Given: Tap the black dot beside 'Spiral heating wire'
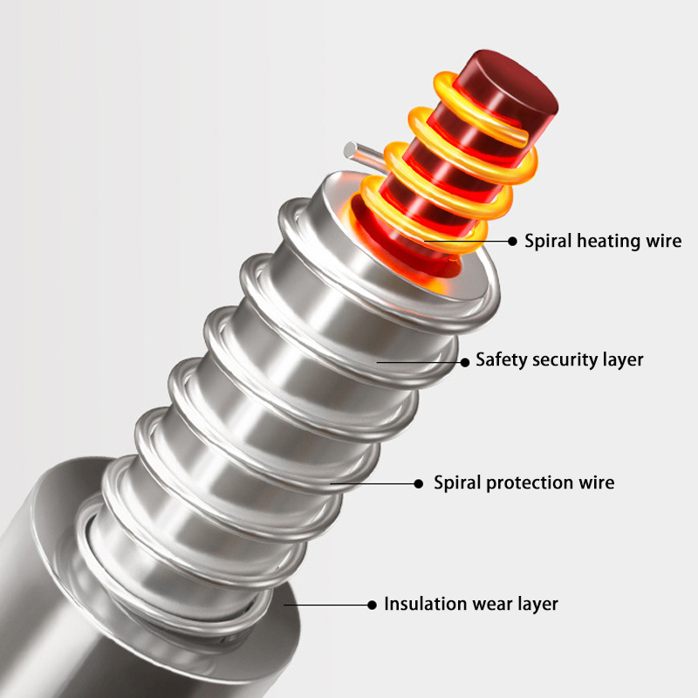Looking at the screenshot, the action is (512, 242).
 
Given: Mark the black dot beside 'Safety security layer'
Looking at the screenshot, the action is (465, 362).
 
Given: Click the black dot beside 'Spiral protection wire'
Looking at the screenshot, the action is (419, 484).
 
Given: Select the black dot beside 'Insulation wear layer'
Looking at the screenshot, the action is (373, 605).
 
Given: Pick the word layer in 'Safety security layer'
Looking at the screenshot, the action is (623, 360).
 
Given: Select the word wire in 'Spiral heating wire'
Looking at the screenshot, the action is (664, 242).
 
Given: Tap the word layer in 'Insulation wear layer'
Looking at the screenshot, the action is (538, 605).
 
